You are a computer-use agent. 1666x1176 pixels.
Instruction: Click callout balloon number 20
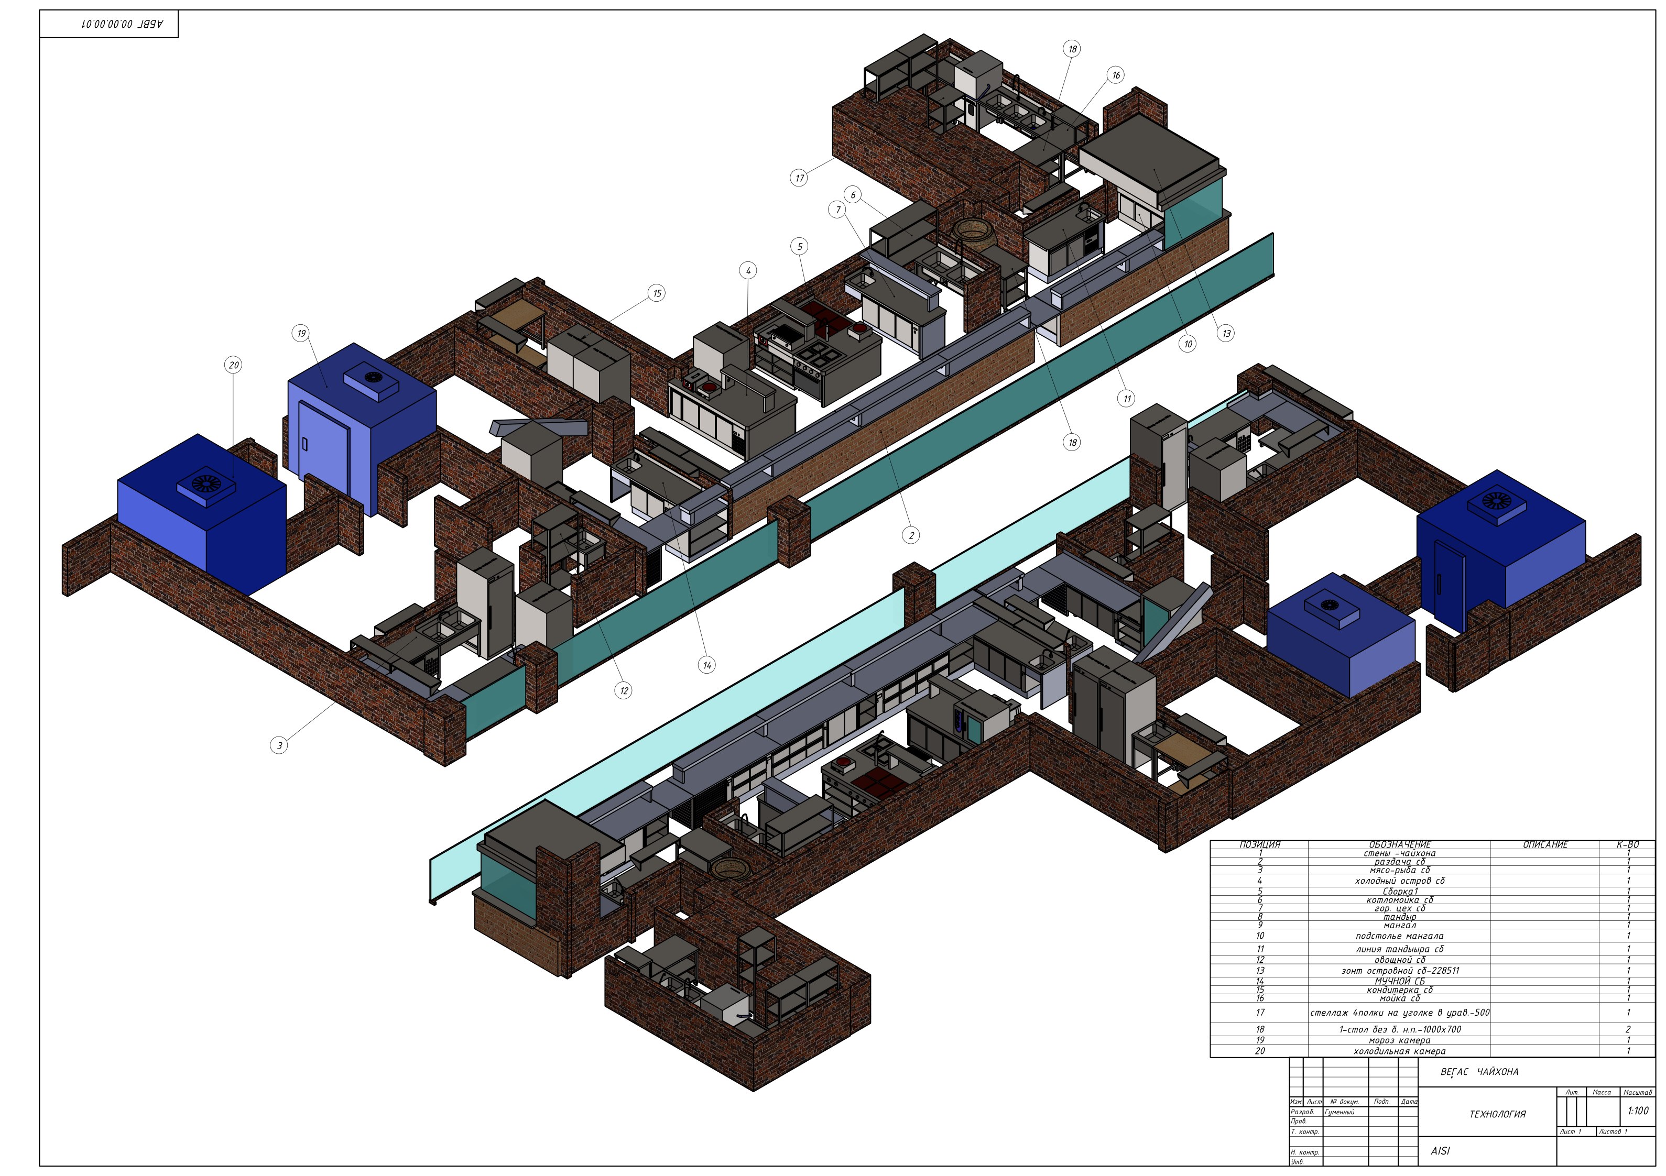click(x=234, y=365)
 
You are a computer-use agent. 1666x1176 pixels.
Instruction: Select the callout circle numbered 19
click(x=300, y=334)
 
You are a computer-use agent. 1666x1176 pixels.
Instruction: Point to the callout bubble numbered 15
click(x=657, y=293)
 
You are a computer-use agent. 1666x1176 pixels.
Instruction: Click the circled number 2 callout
click(x=911, y=535)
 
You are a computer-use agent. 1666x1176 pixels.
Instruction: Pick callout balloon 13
click(x=1226, y=334)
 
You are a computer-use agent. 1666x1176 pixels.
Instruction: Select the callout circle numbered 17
click(x=799, y=178)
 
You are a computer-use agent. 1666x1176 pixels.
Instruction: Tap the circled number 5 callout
click(x=800, y=247)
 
